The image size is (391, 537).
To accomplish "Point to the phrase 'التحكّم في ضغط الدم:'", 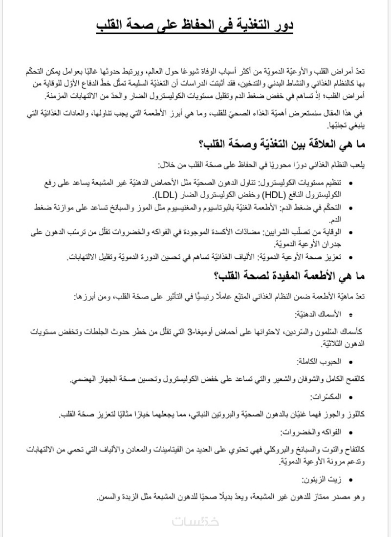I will (325, 208).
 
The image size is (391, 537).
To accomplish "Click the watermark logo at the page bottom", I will (195, 521).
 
